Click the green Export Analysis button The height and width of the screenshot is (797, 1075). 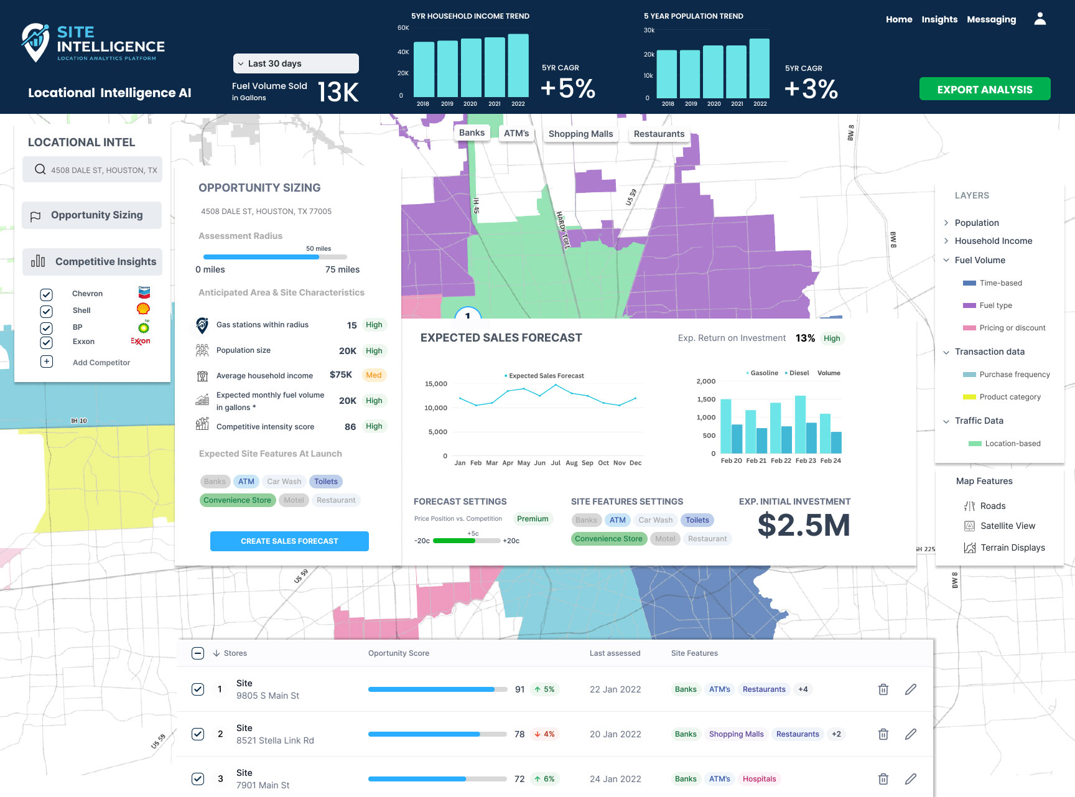(x=985, y=89)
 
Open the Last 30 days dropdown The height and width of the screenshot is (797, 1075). (x=296, y=63)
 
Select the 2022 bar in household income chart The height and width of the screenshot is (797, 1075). (x=518, y=66)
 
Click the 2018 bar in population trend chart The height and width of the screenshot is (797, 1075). (x=667, y=74)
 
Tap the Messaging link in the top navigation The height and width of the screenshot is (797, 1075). (x=992, y=19)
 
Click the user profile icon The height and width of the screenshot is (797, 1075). (x=1040, y=19)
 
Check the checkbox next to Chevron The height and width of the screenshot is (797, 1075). (x=47, y=294)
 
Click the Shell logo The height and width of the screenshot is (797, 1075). (x=143, y=309)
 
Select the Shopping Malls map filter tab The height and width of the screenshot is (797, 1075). (x=580, y=134)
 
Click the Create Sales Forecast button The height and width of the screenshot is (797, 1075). (x=289, y=541)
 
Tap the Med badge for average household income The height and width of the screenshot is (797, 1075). (x=374, y=375)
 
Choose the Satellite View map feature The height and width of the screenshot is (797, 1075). (x=1008, y=526)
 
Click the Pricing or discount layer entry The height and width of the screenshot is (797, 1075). (x=1012, y=328)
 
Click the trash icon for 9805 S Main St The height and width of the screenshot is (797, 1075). (x=883, y=689)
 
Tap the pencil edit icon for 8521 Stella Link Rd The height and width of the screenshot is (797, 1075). (x=911, y=734)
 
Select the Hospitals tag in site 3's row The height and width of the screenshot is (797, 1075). (x=760, y=779)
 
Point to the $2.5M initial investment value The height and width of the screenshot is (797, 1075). (x=804, y=526)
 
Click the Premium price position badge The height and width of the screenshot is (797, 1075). (x=533, y=519)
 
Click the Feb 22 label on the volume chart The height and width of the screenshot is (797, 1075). (x=781, y=461)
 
